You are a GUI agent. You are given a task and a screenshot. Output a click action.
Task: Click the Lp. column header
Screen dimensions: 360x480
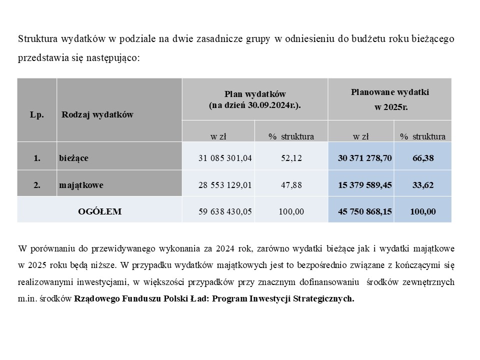coord(37,114)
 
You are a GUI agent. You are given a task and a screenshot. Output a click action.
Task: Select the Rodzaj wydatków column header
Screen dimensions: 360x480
coord(97,114)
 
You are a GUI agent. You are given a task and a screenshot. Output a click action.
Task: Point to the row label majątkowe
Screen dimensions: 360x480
coord(81,184)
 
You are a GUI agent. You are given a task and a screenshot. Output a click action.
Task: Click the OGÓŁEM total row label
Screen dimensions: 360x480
coord(100,211)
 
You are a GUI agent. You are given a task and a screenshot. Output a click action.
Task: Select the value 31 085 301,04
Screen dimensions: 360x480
coord(225,158)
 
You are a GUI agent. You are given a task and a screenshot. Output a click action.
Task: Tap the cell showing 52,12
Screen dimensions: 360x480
coord(291,158)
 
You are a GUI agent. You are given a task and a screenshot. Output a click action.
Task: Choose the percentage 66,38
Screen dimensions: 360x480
coord(423,158)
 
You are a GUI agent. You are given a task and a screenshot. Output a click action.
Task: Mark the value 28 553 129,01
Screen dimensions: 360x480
coord(225,184)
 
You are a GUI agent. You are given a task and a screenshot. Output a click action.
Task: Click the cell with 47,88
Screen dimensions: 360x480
coord(291,184)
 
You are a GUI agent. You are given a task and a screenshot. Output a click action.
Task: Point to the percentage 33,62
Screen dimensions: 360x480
coord(423,184)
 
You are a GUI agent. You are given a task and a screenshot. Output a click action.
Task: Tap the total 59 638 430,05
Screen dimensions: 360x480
coord(225,211)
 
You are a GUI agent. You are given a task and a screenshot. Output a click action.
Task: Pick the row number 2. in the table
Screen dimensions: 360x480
coord(37,184)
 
